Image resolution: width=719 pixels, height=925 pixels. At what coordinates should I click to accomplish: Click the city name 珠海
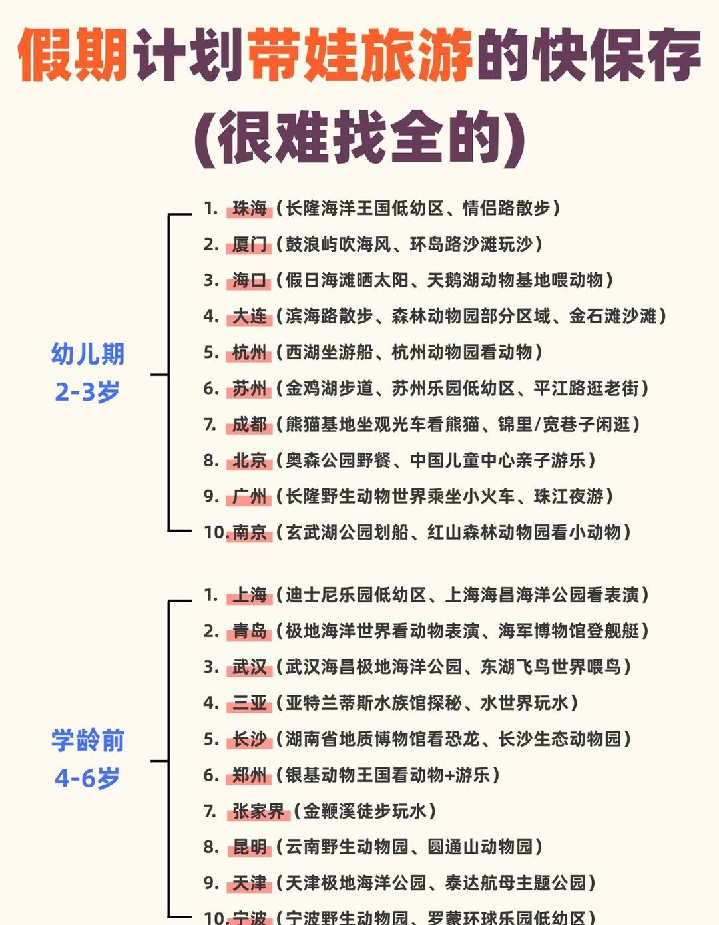click(x=250, y=208)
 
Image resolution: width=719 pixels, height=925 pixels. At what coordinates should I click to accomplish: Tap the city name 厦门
click(x=250, y=244)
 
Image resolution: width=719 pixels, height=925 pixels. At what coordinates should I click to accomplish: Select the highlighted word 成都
click(x=250, y=425)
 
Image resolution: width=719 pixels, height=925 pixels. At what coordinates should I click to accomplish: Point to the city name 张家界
click(x=258, y=811)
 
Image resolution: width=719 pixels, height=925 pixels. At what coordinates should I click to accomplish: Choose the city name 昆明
click(x=250, y=847)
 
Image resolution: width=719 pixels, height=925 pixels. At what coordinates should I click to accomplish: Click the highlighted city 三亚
click(x=250, y=703)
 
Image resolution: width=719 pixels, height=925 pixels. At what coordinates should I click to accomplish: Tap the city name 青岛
click(x=250, y=631)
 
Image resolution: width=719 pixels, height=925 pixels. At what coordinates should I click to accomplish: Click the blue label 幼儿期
click(x=88, y=354)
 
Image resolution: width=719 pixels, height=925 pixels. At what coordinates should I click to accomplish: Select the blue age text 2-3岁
click(x=87, y=391)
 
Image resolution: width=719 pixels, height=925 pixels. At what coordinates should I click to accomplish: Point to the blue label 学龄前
click(x=88, y=740)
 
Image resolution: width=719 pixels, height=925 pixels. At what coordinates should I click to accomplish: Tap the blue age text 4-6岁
click(x=87, y=777)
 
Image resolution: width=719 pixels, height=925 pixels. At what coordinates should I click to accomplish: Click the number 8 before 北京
click(x=210, y=461)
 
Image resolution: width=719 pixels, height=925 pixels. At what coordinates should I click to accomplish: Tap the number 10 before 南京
click(x=216, y=532)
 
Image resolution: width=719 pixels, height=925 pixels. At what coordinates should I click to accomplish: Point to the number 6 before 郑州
click(x=210, y=775)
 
